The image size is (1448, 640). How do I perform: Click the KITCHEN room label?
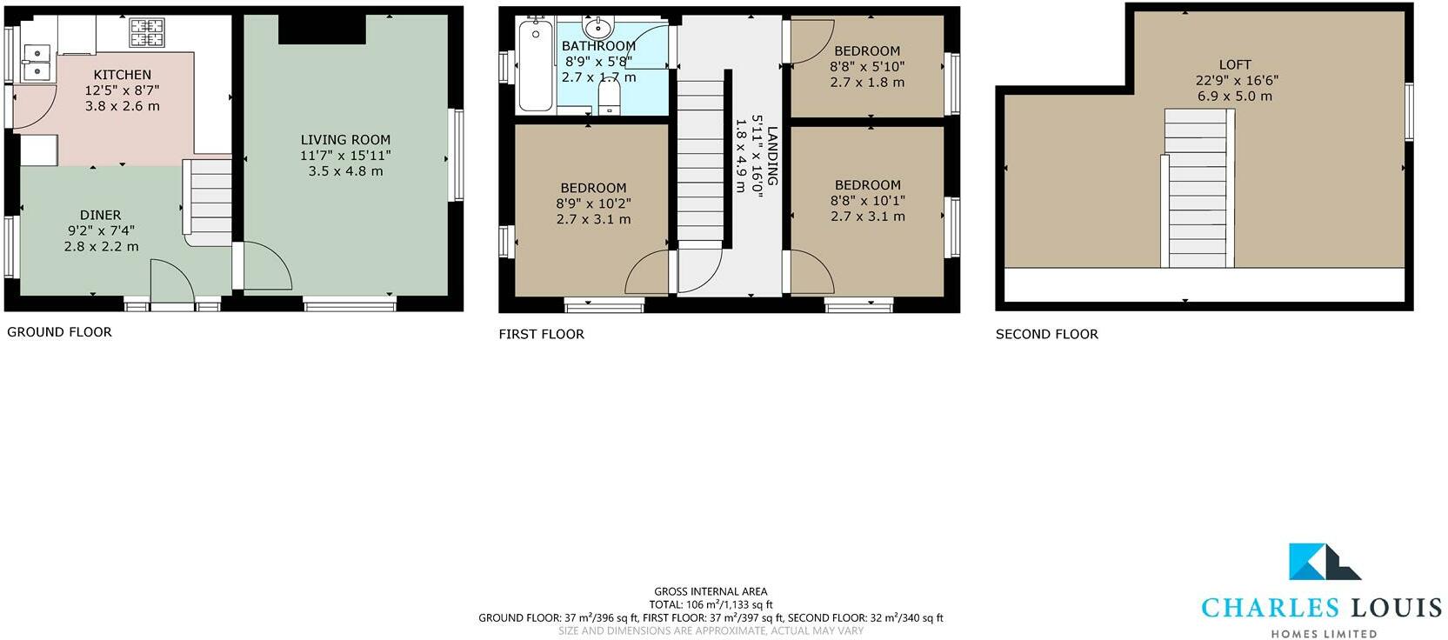123,75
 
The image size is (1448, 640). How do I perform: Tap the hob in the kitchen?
147,33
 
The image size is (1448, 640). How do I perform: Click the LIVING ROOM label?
345,139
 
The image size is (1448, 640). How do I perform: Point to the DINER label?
101,215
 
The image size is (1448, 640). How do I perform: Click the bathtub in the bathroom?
535,66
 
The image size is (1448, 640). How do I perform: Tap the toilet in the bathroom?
610,97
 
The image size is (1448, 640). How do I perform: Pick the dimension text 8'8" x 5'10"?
867,66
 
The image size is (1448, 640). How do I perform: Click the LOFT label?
1234,64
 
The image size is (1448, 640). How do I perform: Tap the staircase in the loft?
1198,191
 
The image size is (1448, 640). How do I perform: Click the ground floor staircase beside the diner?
210,199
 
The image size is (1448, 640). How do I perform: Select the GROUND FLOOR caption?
59,331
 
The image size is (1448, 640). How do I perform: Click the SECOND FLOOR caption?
1046,334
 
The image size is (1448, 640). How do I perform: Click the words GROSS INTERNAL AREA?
711,591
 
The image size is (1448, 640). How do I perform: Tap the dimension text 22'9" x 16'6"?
1236,80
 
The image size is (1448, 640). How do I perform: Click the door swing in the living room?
266,269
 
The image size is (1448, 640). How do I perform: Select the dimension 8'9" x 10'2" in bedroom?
593,203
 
